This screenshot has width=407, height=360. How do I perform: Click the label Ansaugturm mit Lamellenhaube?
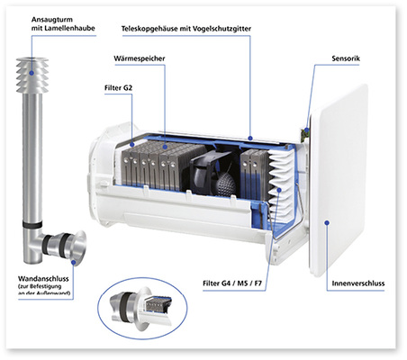(x=51, y=23)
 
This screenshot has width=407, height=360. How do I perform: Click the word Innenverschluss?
(x=354, y=282)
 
